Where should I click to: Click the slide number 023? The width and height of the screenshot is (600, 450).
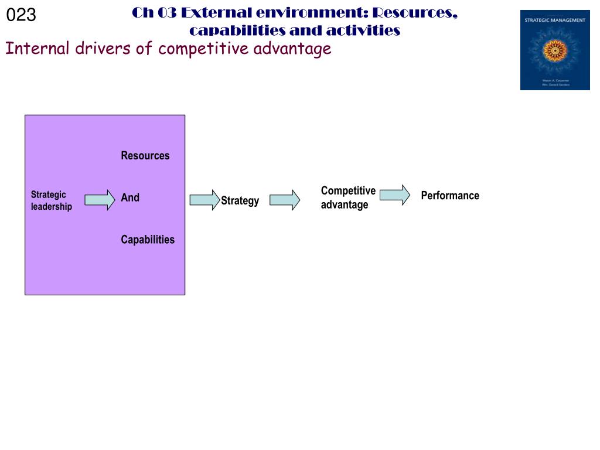tap(21, 15)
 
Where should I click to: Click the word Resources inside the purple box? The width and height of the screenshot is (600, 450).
tap(145, 156)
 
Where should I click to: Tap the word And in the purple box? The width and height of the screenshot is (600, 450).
tap(130, 198)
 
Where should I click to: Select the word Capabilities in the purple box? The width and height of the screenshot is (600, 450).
tap(148, 240)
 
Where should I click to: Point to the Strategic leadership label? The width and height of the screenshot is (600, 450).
tap(51, 200)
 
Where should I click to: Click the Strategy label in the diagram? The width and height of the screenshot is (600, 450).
tap(240, 201)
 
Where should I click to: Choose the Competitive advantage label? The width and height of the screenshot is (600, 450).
tap(348, 197)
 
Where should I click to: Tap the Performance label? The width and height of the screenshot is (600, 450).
tap(450, 196)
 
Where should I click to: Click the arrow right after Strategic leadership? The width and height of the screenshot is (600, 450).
tap(100, 200)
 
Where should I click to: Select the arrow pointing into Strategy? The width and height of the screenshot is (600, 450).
tap(204, 200)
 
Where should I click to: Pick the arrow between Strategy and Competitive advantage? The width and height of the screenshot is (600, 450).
tap(285, 200)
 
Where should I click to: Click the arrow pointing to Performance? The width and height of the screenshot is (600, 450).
tap(395, 195)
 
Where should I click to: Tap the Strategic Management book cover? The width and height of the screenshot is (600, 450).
tap(555, 50)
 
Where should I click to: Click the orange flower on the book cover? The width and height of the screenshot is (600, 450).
tap(554, 51)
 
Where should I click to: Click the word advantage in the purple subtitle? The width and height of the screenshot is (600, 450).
tap(292, 48)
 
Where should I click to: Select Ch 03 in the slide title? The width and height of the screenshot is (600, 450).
tap(154, 13)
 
